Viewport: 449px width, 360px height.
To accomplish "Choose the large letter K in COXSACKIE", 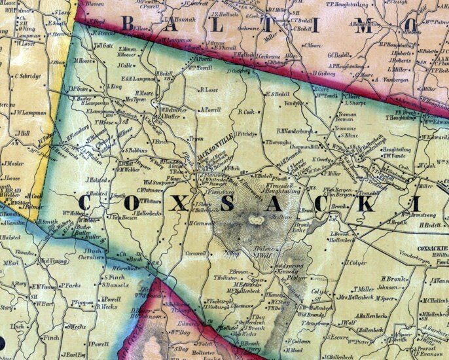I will coord(366,204).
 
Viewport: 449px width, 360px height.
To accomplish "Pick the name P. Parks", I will coord(70,285).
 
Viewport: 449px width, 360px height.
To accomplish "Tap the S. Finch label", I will coord(114,276).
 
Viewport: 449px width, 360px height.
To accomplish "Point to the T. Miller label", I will coord(363,289).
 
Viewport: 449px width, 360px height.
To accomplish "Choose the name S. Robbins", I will coord(135,150).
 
